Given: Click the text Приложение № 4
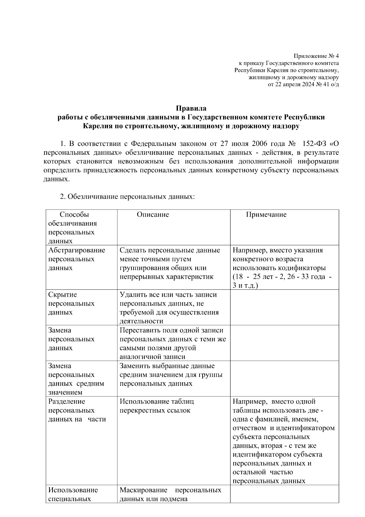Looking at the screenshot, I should (x=316, y=56).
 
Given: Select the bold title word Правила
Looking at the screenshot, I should (x=191, y=108).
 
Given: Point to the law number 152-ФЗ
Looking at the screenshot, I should (x=315, y=143).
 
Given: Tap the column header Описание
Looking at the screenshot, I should (x=153, y=214).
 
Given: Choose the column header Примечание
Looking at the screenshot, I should (x=266, y=214).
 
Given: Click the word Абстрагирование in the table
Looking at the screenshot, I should (x=77, y=250).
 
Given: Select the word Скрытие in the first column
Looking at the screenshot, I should (x=63, y=295).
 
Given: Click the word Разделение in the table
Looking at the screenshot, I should (x=67, y=401).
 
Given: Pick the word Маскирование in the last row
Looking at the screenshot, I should (x=144, y=490).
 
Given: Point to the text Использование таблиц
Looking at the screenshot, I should (x=157, y=401).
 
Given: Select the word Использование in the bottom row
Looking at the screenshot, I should (x=73, y=490).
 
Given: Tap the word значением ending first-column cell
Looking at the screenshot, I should (x=65, y=392).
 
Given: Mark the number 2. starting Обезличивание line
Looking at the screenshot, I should (x=63, y=197).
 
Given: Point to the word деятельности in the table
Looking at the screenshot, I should (x=141, y=321).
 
